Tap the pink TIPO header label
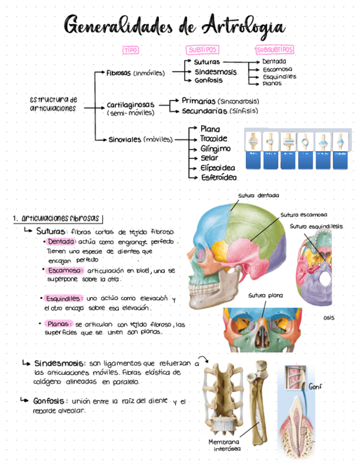click(x=131, y=50)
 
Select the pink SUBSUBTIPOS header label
click(x=275, y=50)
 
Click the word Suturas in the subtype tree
click(x=207, y=63)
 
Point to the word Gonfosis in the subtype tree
click(x=208, y=80)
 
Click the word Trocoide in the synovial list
click(x=214, y=138)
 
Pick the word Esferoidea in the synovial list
click(x=219, y=177)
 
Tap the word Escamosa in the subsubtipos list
click(x=277, y=69)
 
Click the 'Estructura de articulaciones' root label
click(x=53, y=104)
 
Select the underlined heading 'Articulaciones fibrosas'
click(x=60, y=219)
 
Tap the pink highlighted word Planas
click(x=58, y=324)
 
